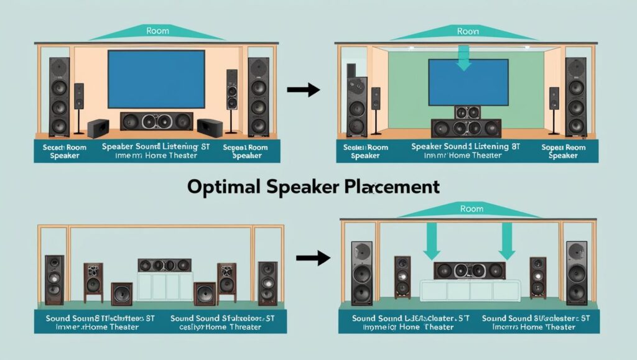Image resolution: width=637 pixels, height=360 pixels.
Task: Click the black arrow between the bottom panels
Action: tap(313, 257)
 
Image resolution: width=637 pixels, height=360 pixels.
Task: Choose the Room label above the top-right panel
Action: tap(468, 30)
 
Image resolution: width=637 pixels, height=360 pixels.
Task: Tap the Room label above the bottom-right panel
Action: tap(471, 209)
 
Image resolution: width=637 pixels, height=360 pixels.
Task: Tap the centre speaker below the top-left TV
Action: tap(156, 121)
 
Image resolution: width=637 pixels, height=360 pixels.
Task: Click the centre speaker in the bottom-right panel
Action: tap(469, 270)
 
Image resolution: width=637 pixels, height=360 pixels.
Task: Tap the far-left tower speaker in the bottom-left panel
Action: tap(54, 279)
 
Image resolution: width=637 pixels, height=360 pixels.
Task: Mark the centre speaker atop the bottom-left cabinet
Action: tap(164, 265)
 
